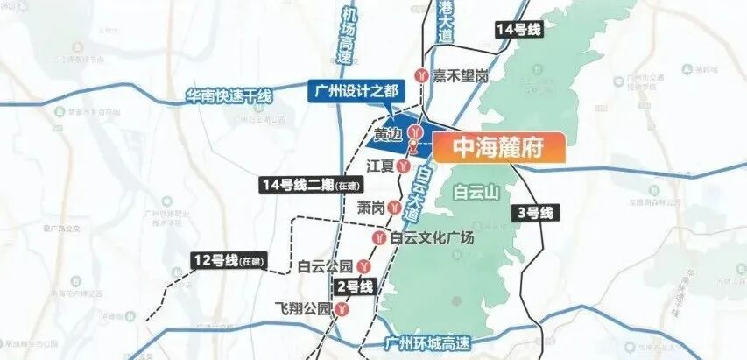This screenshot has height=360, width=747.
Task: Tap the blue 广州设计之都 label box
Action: [354, 90]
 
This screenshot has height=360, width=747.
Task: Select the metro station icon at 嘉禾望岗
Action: [424, 76]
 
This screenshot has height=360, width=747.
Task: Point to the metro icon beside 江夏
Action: [402, 165]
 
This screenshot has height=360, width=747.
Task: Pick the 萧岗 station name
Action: [371, 208]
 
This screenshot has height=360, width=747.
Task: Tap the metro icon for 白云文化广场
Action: [379, 237]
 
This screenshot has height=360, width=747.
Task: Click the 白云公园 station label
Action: [325, 265]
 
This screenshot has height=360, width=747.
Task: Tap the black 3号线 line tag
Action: [535, 213]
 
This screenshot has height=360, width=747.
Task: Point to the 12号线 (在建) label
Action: [229, 260]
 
